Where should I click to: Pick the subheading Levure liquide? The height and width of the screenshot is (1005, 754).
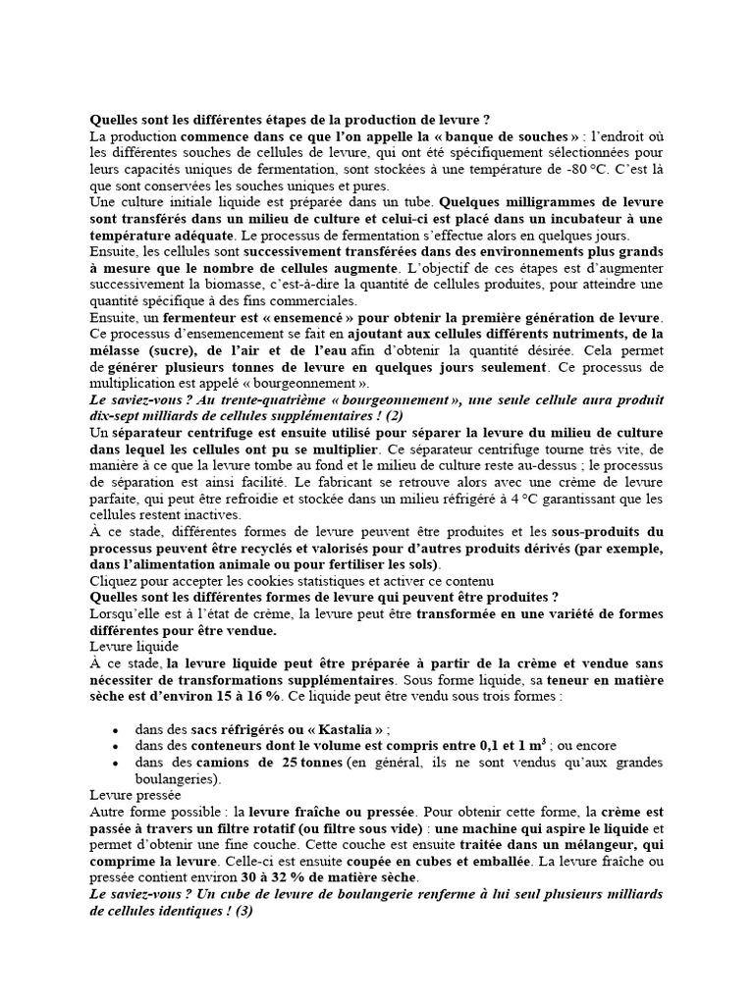(135, 647)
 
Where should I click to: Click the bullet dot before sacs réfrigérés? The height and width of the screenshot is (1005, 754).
(117, 730)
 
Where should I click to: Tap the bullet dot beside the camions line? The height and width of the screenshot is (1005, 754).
(117, 764)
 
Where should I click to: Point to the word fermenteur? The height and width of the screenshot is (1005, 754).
(214, 318)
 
